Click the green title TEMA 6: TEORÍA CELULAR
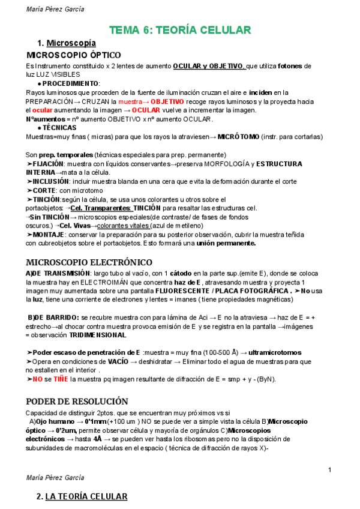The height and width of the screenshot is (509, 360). (179, 31)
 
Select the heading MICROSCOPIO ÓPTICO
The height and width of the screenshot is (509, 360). (74, 55)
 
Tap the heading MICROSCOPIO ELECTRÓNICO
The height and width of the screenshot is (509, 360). (80, 262)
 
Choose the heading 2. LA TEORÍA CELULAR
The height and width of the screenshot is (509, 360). (82, 496)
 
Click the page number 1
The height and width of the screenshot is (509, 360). (330, 469)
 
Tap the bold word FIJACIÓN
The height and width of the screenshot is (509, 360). (47, 164)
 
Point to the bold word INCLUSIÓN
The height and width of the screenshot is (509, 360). (50, 181)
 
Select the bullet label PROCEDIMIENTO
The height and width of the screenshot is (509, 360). (70, 83)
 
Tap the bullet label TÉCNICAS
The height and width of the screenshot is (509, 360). (59, 128)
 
